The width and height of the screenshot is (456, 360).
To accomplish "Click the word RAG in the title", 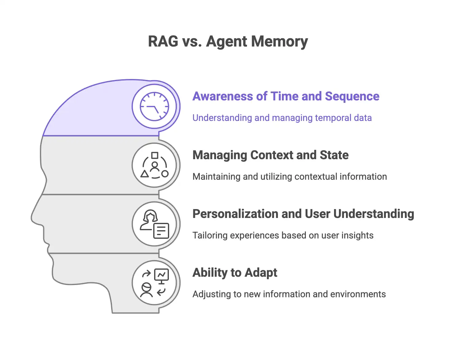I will [x=163, y=41].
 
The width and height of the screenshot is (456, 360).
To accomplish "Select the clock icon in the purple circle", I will [x=154, y=107].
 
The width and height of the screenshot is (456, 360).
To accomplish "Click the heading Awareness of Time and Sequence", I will [x=286, y=96].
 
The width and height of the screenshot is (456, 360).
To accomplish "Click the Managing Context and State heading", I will [x=270, y=155].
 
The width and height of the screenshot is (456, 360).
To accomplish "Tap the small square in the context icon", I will [x=155, y=156].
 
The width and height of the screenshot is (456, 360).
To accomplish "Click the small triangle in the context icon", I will [x=144, y=174].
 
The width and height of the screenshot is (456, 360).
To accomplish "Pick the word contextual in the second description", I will [x=314, y=177].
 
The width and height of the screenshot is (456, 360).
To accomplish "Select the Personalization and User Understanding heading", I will [x=303, y=214].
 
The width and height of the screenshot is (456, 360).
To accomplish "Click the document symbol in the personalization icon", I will [x=161, y=231].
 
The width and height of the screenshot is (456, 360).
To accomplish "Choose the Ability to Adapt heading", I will [x=235, y=273].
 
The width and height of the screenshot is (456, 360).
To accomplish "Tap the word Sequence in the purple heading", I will [x=352, y=96].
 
